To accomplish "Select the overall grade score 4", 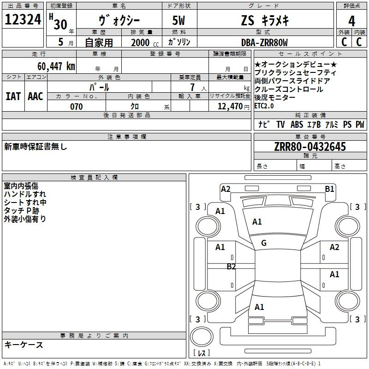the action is [x=352, y=21].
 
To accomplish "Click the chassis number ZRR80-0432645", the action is [x=310, y=147].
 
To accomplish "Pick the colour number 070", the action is [x=76, y=107].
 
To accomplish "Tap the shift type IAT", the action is [x=13, y=96].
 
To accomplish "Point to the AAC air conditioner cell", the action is [x=36, y=96].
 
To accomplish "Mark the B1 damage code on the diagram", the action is [x=329, y=189].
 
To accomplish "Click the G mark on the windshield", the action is [x=264, y=243].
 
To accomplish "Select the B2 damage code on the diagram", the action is [x=231, y=267].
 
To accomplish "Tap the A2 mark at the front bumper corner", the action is [x=226, y=189].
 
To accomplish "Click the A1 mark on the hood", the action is [x=257, y=222].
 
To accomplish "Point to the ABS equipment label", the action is [x=297, y=124].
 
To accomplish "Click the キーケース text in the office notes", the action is [x=24, y=345].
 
